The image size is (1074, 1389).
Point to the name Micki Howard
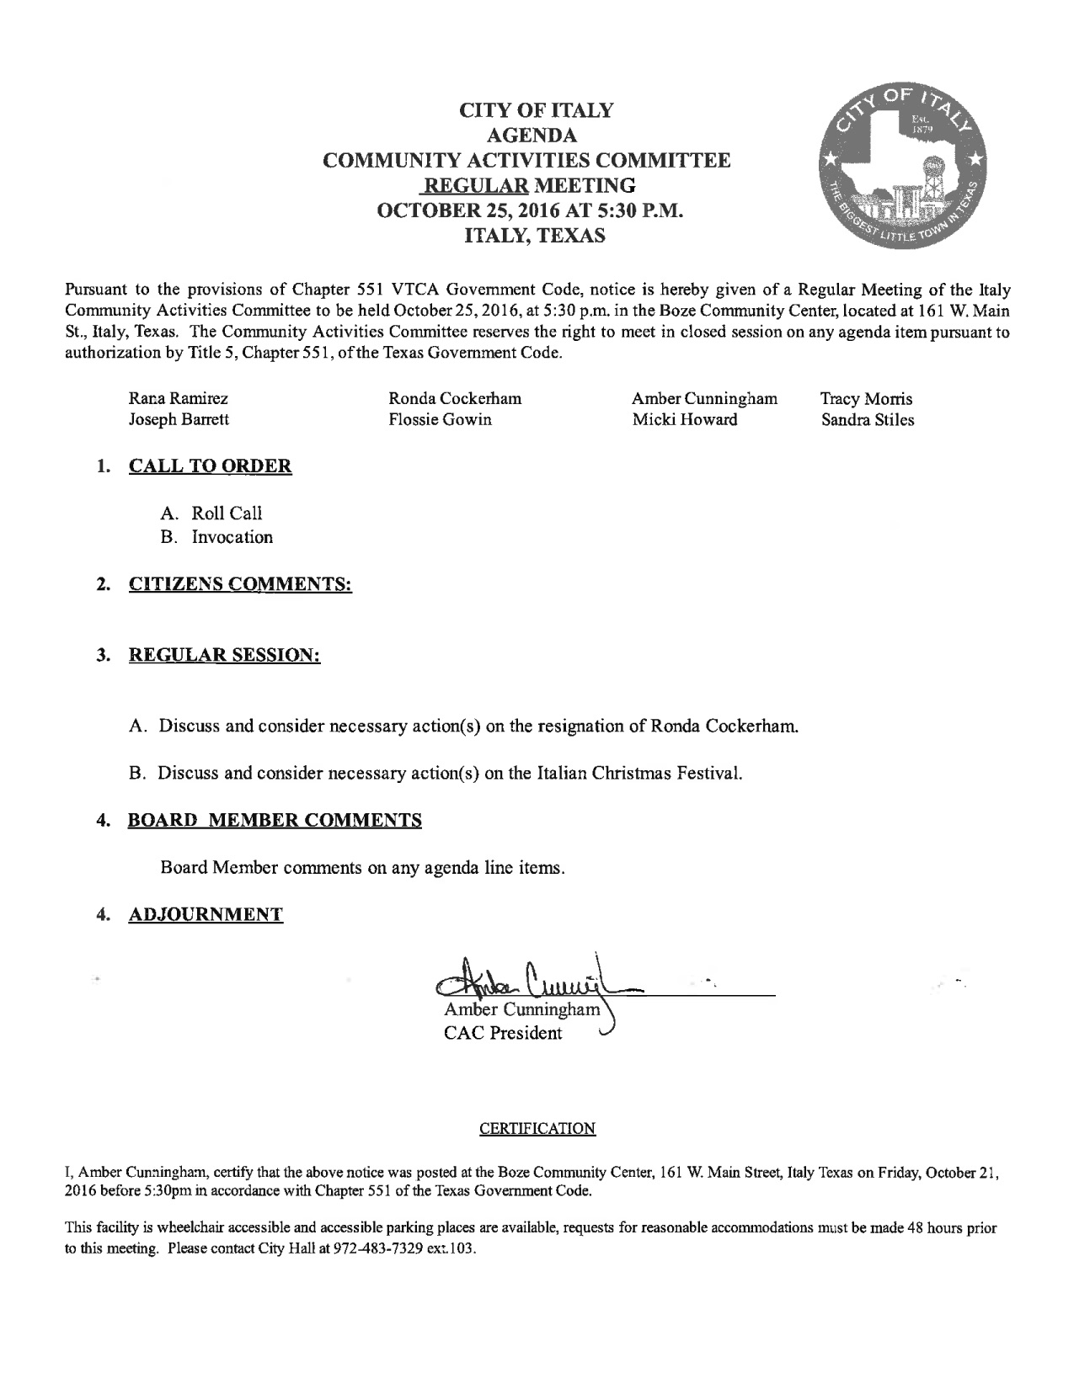point(685,419)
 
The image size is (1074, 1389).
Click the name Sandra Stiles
point(868,419)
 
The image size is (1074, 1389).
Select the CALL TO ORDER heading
point(210,466)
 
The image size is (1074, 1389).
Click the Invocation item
point(232,537)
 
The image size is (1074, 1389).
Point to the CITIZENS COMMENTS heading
point(239,584)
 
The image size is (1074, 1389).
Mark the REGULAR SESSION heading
point(224,654)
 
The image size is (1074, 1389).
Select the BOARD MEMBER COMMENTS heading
point(275,820)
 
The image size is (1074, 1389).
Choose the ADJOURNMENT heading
point(206,914)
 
